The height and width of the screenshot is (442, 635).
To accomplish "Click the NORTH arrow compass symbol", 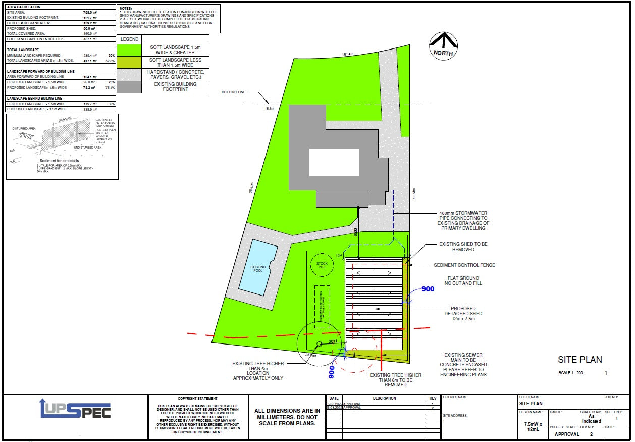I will [444, 45].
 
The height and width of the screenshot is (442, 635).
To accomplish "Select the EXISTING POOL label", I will [258, 269].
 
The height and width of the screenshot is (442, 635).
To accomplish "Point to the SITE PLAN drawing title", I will [579, 360].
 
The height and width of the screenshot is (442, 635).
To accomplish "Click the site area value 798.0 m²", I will [90, 11].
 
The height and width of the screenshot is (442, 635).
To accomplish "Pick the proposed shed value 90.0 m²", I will [90, 29].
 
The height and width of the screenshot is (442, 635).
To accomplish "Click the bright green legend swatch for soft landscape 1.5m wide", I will [129, 50].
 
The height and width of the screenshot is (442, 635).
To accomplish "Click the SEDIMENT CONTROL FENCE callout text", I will [464, 265].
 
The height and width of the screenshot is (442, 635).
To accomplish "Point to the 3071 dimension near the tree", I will [333, 342].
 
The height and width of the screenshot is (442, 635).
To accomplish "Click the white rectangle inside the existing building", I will [334, 162].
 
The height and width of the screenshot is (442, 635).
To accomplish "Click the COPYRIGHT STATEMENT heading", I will [197, 399].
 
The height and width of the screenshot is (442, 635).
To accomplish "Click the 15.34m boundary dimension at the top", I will [348, 54].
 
